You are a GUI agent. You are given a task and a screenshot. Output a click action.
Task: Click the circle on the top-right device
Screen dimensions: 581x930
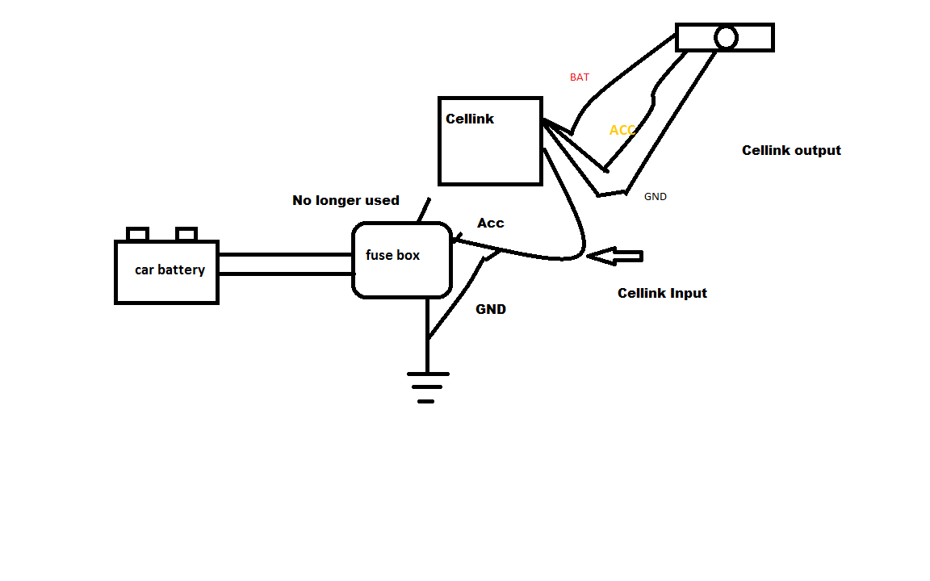click(726, 38)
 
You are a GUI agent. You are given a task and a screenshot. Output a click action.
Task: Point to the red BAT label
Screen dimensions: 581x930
click(580, 77)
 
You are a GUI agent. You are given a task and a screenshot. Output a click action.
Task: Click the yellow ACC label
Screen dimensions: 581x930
click(622, 130)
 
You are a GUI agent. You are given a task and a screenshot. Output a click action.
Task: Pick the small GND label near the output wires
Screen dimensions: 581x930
click(655, 196)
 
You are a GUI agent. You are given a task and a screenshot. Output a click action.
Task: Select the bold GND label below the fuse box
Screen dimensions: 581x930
click(491, 309)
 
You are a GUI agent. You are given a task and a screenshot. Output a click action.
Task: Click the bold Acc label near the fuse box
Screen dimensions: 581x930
click(491, 223)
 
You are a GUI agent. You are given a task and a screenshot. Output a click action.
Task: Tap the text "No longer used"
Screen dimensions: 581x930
click(346, 200)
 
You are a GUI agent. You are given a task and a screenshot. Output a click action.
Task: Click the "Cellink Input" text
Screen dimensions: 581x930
click(662, 293)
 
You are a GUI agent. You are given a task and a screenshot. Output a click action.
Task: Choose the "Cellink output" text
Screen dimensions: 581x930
click(791, 150)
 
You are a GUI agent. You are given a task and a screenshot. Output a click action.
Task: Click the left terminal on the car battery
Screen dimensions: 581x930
click(138, 234)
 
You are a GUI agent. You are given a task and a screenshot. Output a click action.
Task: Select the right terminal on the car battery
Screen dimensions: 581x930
click(186, 234)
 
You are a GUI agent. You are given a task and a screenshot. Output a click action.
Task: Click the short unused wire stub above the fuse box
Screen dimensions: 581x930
click(423, 210)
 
